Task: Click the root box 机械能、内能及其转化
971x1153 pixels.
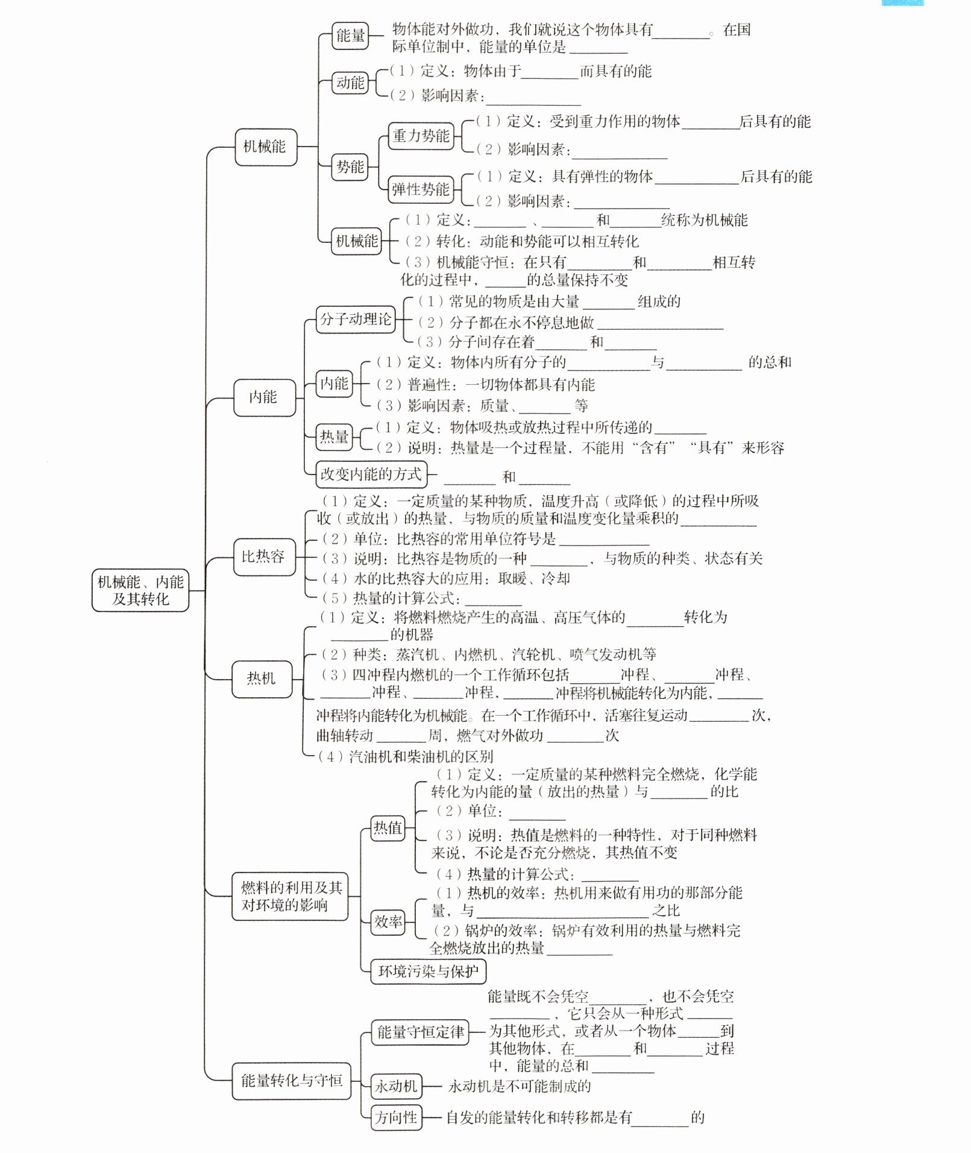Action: pyautogui.click(x=140, y=590)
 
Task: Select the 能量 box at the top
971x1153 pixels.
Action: pyautogui.click(x=350, y=36)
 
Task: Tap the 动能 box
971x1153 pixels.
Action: pyautogui.click(x=350, y=83)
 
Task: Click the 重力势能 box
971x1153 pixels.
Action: pyautogui.click(x=421, y=136)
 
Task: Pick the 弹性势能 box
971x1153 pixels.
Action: pyautogui.click(x=421, y=189)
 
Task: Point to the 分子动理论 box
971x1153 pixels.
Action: pyautogui.click(x=356, y=319)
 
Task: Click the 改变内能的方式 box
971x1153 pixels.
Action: pyautogui.click(x=371, y=474)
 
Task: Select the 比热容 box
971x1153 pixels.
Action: pyautogui.click(x=263, y=556)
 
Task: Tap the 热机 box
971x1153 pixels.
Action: pyautogui.click(x=261, y=679)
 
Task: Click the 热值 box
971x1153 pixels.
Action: pyautogui.click(x=388, y=828)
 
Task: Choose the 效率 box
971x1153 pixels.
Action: pyautogui.click(x=388, y=921)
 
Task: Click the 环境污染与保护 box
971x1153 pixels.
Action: pyautogui.click(x=427, y=971)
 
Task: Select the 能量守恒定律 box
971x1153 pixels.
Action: pyautogui.click(x=420, y=1032)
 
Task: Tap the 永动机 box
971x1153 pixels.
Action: pyautogui.click(x=396, y=1086)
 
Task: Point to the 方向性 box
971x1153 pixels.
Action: pyautogui.click(x=395, y=1117)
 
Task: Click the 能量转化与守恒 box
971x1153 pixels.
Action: pyautogui.click(x=291, y=1080)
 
